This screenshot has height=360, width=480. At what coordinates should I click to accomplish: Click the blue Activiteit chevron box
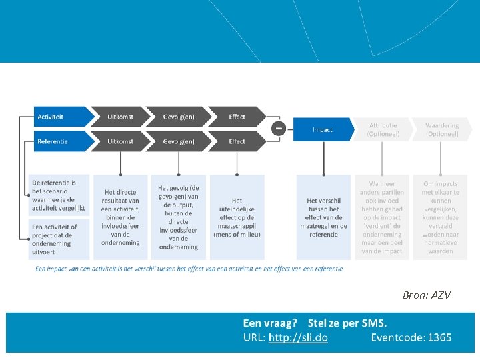60,117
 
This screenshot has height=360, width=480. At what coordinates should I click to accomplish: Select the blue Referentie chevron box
60,141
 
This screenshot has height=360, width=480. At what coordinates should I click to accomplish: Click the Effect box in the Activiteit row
237,117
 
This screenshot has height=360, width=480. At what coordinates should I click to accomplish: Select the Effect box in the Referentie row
237,141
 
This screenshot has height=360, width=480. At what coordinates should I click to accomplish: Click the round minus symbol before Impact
279,128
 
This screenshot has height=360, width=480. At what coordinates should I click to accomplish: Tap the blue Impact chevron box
323,129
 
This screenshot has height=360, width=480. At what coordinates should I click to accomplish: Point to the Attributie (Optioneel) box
383,129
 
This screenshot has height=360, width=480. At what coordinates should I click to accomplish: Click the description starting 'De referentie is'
59,195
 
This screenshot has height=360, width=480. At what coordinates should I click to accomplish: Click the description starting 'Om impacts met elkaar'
441,217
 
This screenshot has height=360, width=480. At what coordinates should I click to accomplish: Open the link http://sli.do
298,338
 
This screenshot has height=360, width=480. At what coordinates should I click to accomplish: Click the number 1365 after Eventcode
439,338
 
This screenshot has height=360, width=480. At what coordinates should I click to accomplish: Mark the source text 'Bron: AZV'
427,295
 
